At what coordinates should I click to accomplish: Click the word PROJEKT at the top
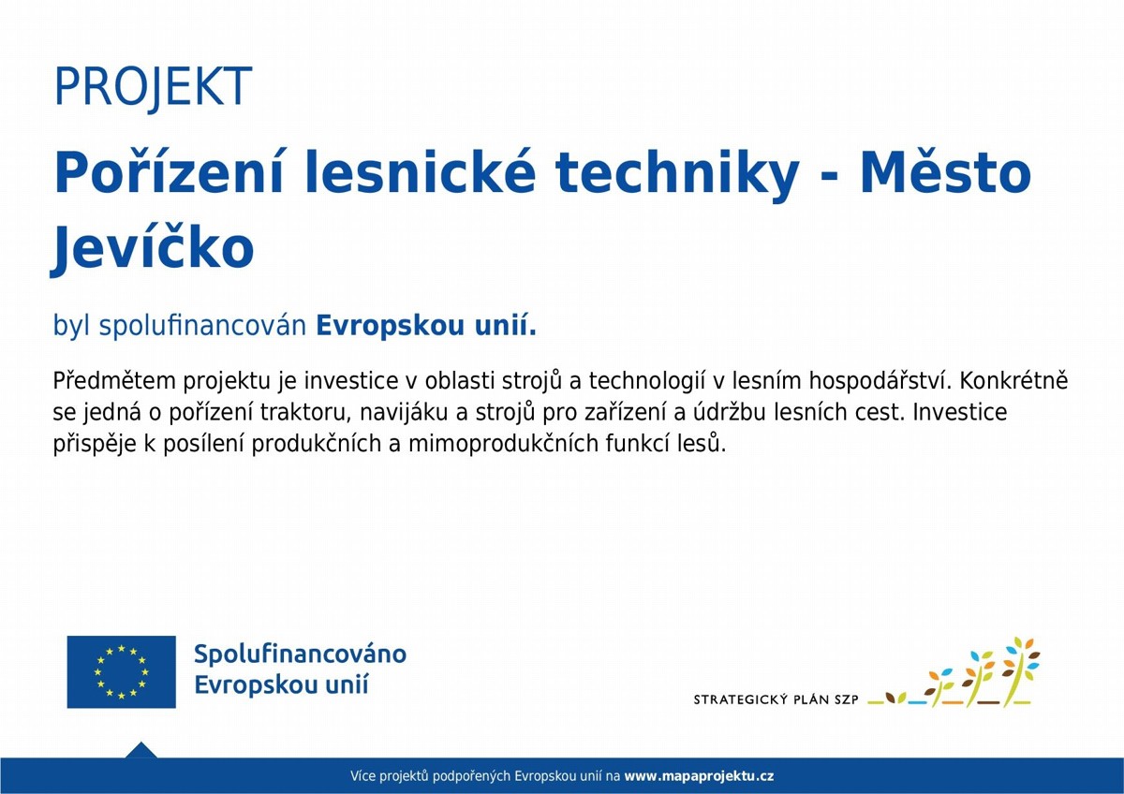click(153, 87)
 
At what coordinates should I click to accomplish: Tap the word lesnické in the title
click(421, 172)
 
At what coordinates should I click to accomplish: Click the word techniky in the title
click(677, 174)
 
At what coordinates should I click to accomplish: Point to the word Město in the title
click(946, 172)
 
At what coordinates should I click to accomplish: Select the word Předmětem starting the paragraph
click(114, 381)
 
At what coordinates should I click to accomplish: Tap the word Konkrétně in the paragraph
click(1014, 381)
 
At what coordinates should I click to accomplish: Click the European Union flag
click(122, 672)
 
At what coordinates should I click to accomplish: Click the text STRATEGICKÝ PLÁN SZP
click(776, 699)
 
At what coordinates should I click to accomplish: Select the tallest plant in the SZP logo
click(1020, 672)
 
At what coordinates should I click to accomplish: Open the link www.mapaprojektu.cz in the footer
click(699, 776)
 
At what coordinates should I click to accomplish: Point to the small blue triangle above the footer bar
click(141, 750)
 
